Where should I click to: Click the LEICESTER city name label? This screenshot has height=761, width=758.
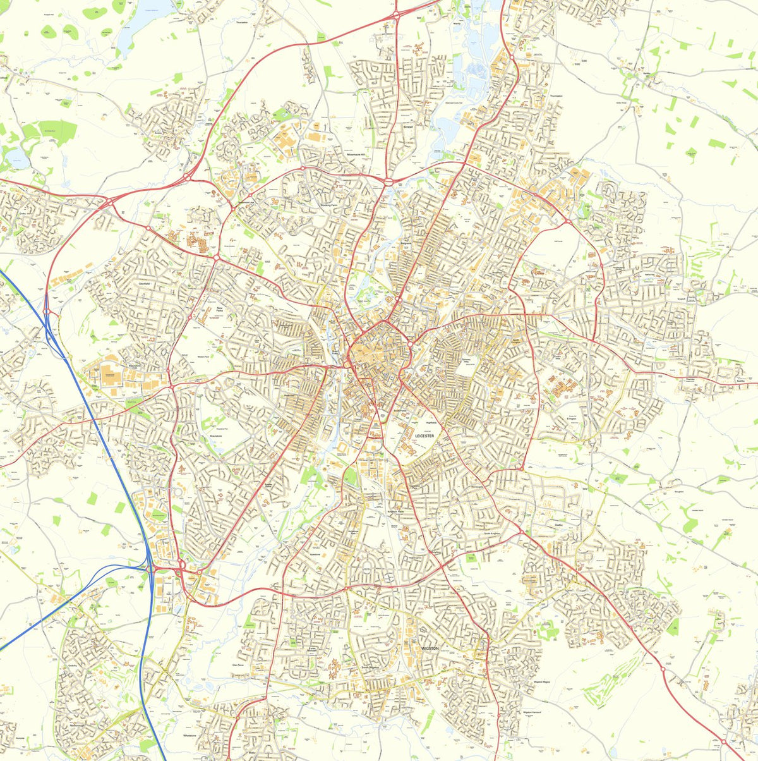(x=424, y=436)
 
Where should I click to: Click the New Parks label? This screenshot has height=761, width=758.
(x=219, y=310)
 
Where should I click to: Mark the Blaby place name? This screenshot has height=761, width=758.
(x=251, y=753)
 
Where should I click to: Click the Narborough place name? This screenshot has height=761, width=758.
(x=77, y=725)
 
